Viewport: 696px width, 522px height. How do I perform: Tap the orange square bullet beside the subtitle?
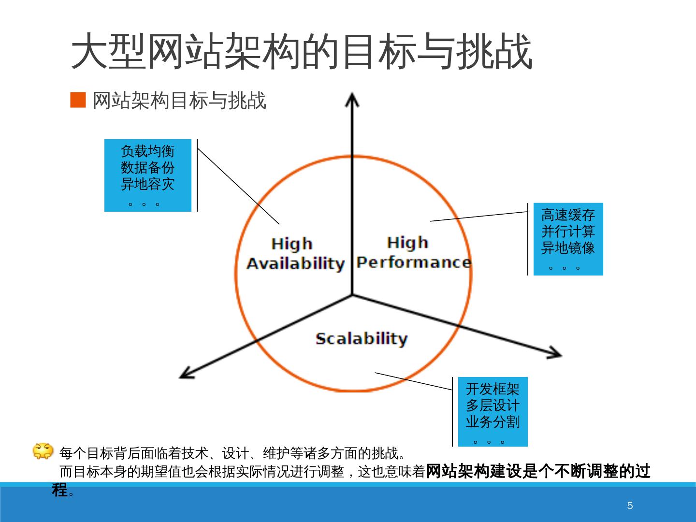click(x=78, y=100)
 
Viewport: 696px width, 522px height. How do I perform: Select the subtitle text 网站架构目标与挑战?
click(x=179, y=101)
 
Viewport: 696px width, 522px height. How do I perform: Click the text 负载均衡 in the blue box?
click(x=147, y=151)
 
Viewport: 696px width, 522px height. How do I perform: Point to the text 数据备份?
click(x=147, y=168)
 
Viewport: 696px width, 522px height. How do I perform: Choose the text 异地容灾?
click(x=147, y=184)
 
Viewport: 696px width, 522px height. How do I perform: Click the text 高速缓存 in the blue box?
click(x=568, y=215)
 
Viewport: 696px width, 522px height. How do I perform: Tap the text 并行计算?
click(x=568, y=232)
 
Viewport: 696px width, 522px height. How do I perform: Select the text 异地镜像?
click(x=568, y=248)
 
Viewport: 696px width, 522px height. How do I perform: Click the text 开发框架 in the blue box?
click(x=493, y=389)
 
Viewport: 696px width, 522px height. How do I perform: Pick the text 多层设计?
click(x=493, y=406)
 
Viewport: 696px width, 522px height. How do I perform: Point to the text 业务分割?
click(x=493, y=422)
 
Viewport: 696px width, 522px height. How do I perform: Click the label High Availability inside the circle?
click(x=295, y=254)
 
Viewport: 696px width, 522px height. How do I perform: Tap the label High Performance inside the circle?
click(x=413, y=252)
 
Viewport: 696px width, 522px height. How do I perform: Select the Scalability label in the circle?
click(x=362, y=339)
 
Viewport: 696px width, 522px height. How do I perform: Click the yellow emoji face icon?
click(x=43, y=451)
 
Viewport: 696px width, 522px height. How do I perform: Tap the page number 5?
click(x=630, y=506)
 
